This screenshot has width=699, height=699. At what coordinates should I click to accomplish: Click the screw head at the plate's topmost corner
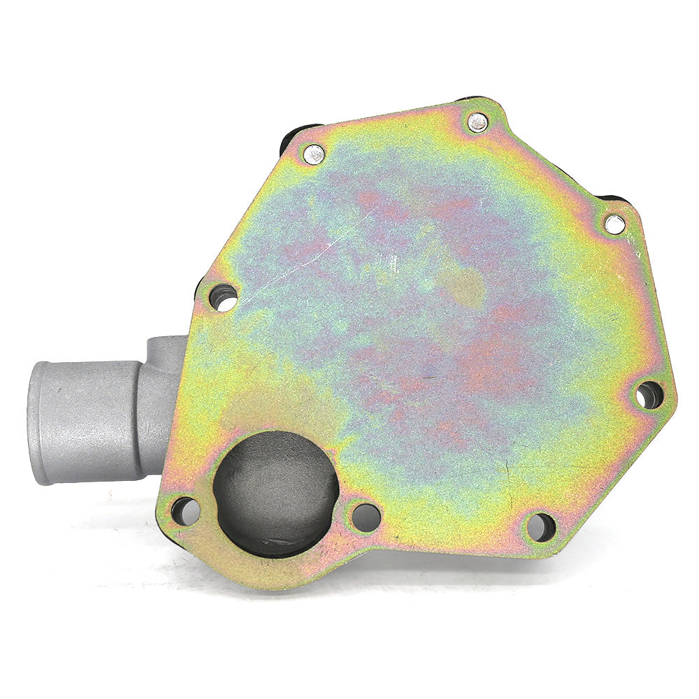pyautogui.click(x=478, y=122)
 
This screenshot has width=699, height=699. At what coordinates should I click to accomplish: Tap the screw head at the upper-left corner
pyautogui.click(x=313, y=154)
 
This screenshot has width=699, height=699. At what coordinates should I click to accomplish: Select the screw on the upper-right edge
pyautogui.click(x=614, y=224)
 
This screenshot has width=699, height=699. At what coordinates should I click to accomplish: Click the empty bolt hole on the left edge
pyautogui.click(x=223, y=298)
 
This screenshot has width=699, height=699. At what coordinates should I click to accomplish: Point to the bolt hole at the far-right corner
pyautogui.click(x=649, y=395)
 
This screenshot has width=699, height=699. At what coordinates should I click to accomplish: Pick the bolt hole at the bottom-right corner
pyautogui.click(x=540, y=526)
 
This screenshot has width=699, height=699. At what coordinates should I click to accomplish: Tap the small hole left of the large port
pyautogui.click(x=185, y=511)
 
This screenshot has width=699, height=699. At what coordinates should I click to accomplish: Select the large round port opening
pyautogui.click(x=275, y=493)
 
